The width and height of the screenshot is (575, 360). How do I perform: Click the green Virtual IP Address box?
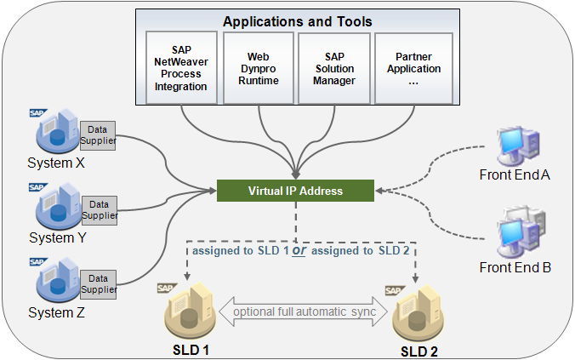coord(295,191)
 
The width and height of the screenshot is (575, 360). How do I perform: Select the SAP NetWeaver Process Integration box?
coord(180,68)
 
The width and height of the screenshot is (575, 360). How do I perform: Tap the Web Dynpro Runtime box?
coord(258,68)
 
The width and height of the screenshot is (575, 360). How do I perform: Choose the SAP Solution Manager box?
coord(334,68)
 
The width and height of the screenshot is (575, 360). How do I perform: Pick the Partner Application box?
coord(414,68)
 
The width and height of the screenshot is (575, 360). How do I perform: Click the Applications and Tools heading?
coord(297,20)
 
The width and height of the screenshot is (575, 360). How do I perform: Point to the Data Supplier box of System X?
coord(99,134)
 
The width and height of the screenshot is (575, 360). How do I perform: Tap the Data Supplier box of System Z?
coord(99,283)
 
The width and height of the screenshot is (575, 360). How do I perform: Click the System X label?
coord(57,163)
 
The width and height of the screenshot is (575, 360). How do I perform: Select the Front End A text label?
coord(516,174)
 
